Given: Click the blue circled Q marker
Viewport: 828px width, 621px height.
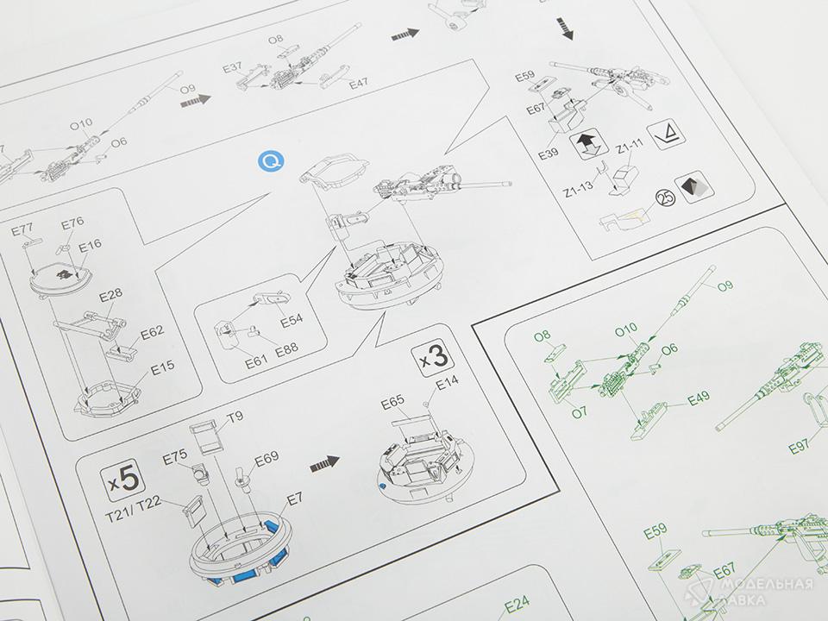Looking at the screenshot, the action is point(272,161).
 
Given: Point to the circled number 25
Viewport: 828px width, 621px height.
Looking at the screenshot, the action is point(665,198).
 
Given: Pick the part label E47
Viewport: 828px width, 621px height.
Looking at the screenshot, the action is point(359,83).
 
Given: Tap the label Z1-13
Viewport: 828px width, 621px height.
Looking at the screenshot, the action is point(578,187).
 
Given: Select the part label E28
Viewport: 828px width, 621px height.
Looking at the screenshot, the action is point(111,295).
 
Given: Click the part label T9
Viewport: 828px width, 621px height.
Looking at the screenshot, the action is point(235,417).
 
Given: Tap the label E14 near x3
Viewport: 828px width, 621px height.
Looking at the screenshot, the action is point(448,382).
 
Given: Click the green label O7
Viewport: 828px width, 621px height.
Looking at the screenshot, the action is point(580,412).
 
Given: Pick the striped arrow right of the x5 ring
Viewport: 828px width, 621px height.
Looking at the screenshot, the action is point(324,464).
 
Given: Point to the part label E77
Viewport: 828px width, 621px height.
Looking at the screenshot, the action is point(22,229).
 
